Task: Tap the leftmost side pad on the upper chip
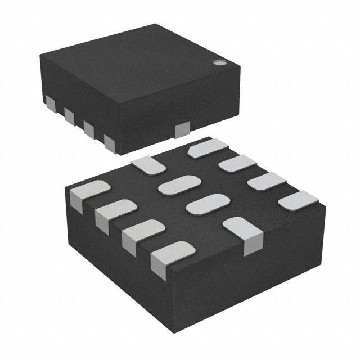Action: pyautogui.click(x=49, y=103)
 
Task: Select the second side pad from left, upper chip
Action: pyautogui.click(x=69, y=116)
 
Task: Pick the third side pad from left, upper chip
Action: pyautogui.click(x=88, y=128)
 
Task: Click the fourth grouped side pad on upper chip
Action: pyautogui.click(x=109, y=140)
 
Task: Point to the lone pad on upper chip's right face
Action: pyautogui.click(x=183, y=130)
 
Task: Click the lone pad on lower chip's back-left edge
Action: pyautogui.click(x=148, y=164)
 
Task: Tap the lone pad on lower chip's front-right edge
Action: pyautogui.click(x=243, y=231)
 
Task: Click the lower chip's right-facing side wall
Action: pyautogui.click(x=264, y=264)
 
